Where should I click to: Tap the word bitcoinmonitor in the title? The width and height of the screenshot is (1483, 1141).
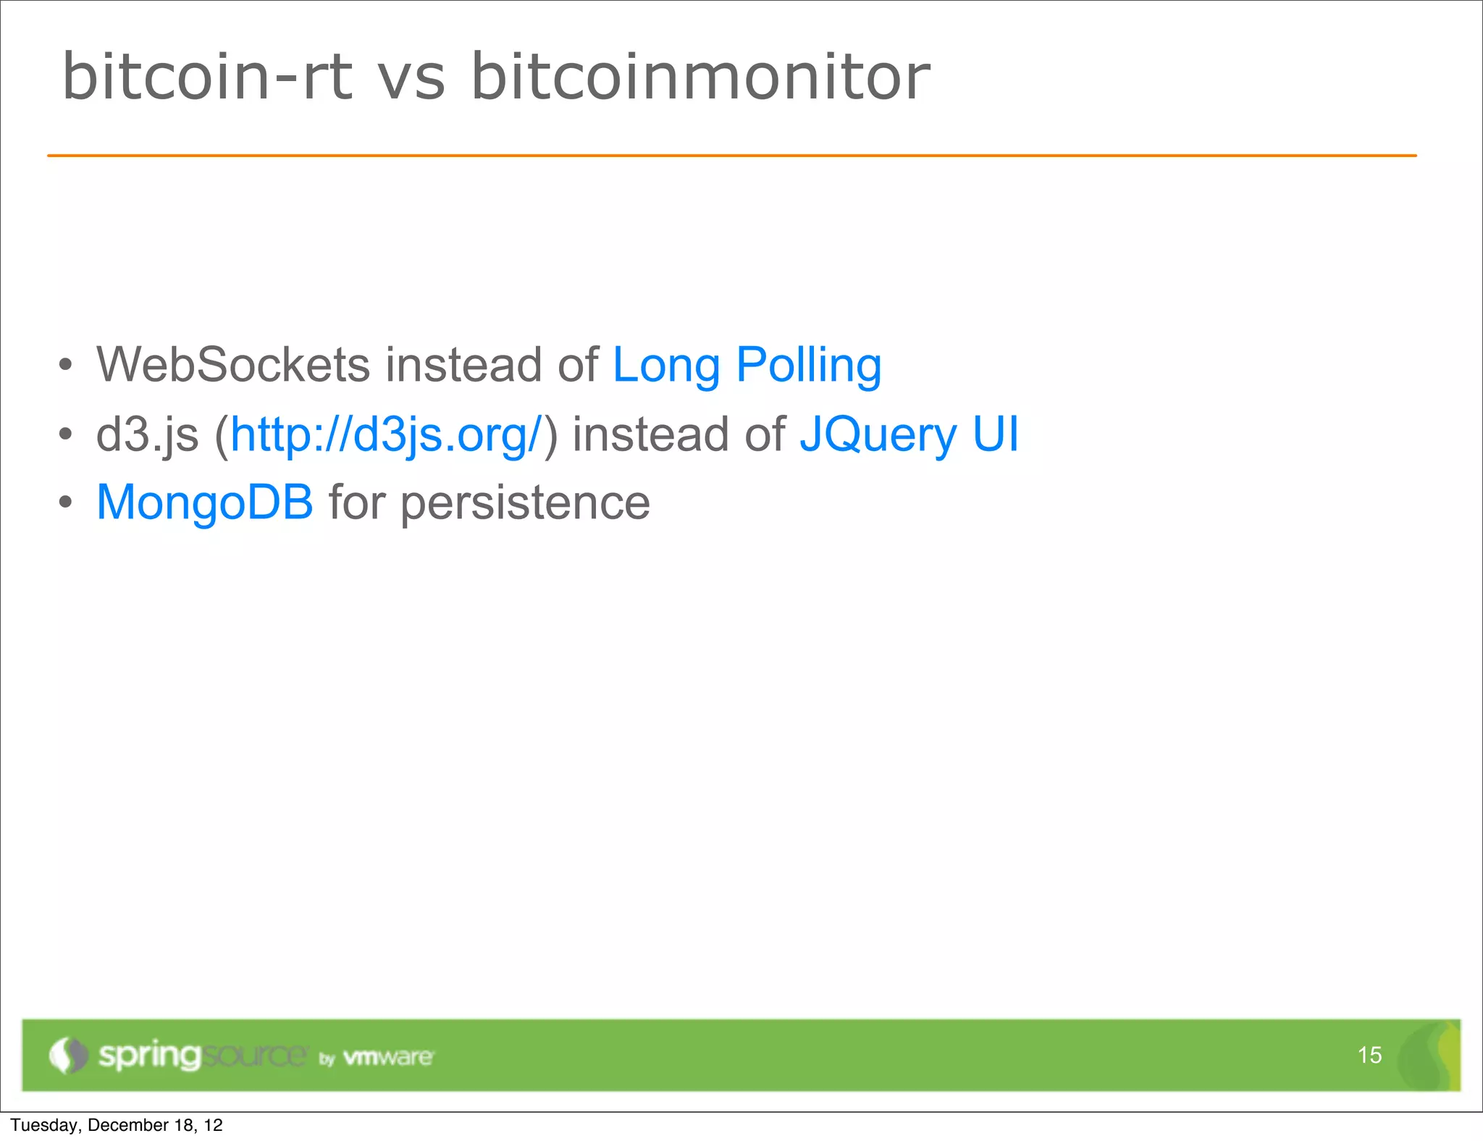point(700,77)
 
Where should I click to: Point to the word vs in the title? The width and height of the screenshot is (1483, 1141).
point(411,80)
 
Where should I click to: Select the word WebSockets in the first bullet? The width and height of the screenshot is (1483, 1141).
point(233,364)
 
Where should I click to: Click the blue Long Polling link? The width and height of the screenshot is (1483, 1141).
point(747,366)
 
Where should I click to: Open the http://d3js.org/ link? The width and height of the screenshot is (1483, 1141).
point(386,435)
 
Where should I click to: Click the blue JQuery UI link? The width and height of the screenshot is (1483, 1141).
point(909,435)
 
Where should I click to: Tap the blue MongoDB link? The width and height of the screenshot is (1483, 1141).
point(205,502)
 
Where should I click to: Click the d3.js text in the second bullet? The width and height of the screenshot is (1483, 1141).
point(147,435)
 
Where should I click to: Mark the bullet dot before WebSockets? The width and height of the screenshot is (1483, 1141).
point(66,365)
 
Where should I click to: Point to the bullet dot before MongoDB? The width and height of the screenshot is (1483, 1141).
point(66,502)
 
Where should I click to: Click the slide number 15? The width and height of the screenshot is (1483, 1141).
point(1369,1055)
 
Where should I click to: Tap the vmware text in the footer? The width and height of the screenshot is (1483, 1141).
point(388,1058)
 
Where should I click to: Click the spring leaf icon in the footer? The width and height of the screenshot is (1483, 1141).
point(67,1055)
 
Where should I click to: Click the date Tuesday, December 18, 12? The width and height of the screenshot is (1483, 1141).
point(117,1125)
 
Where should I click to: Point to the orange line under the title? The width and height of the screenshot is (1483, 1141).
point(731,155)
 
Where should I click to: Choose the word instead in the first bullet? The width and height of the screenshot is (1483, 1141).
point(463,364)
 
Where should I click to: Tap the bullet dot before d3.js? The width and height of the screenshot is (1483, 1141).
point(66,434)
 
